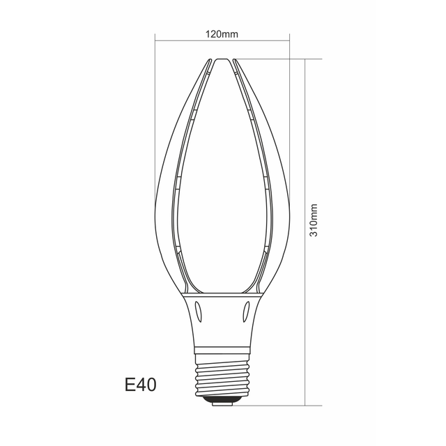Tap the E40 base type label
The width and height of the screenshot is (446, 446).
139,384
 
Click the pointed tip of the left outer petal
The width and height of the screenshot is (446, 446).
209,60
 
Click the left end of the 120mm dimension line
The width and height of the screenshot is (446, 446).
153,42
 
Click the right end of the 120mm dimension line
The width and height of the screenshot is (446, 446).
289,42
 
